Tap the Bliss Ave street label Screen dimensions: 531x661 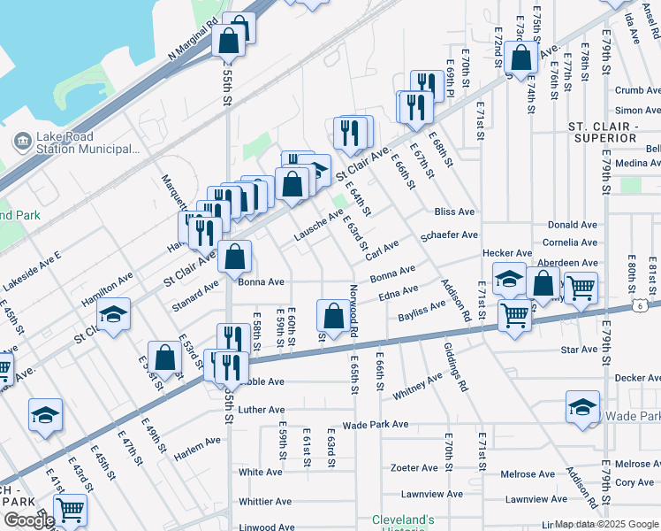coord(454,212)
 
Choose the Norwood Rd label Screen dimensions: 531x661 coord(353,309)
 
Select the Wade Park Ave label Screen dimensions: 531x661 coord(376,425)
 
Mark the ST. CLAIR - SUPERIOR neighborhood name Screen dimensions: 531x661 coord(604,133)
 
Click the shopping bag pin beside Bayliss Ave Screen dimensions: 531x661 coord(333,316)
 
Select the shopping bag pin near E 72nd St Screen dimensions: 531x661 coord(522,58)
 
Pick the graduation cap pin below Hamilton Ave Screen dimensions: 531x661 coord(114,315)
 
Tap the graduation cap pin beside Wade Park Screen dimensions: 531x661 coord(582,406)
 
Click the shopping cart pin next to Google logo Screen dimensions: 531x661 coord(70,509)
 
